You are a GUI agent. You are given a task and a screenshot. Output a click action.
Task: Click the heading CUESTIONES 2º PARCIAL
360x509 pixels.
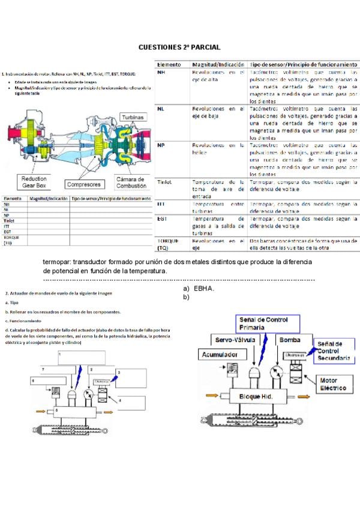pos(179,47)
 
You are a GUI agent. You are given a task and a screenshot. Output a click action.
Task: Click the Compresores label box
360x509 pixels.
pos(83,184)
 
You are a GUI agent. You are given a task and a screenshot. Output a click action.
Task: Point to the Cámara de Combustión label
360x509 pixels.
pos(130,182)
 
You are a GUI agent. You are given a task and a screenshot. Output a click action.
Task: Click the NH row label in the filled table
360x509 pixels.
pos(161,72)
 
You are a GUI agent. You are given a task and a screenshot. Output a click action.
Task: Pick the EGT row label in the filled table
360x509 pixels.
pos(161,220)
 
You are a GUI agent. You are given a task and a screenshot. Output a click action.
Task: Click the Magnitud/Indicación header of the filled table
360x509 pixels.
pos(218,63)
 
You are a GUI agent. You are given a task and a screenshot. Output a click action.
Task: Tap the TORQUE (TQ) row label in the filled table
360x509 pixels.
pos(166,244)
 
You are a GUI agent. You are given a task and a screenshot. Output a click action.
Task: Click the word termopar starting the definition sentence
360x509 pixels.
pos(57,263)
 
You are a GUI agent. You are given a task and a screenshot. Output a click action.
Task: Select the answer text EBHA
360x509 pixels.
pos(205,289)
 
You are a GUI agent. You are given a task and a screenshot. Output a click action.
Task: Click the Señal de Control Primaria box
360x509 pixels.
pos(267,324)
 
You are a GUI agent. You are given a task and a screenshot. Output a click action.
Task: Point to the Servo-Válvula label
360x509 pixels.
pos(236,340)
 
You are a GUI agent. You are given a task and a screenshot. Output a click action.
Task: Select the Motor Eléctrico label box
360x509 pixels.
pos(334,384)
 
